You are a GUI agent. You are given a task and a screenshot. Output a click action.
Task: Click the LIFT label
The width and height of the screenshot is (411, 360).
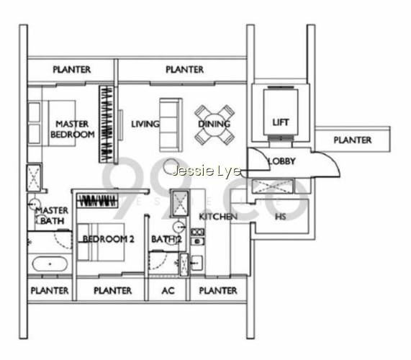pyautogui.click(x=281, y=122)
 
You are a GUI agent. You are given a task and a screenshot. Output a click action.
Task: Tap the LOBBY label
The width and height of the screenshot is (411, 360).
pyautogui.click(x=281, y=161)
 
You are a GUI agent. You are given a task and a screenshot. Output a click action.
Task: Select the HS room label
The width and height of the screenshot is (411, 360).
pyautogui.click(x=280, y=217)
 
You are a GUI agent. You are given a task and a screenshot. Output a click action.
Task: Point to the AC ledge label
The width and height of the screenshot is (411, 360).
pyautogui.click(x=168, y=290)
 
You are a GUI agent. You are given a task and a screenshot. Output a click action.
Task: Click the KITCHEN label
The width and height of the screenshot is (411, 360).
pyautogui.click(x=218, y=217)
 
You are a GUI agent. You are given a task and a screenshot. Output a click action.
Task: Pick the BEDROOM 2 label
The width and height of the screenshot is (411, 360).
pyautogui.click(x=108, y=239)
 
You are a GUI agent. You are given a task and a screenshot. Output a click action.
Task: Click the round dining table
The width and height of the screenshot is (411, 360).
pyautogui.click(x=214, y=125)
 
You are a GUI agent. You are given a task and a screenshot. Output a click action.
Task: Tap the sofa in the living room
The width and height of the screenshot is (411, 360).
pyautogui.click(x=171, y=125)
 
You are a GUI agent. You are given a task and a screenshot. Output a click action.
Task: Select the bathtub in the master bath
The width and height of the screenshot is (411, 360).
pyautogui.click(x=50, y=264)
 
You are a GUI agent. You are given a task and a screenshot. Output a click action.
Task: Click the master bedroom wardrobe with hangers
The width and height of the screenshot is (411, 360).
pyautogui.click(x=107, y=124)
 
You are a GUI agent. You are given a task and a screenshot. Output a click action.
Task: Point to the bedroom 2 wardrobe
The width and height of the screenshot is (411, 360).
pyautogui.click(x=97, y=201)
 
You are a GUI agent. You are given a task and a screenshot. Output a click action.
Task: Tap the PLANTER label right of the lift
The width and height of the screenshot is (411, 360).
pyautogui.click(x=353, y=140)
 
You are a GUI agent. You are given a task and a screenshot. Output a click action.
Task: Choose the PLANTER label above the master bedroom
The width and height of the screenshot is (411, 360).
pyautogui.click(x=72, y=70)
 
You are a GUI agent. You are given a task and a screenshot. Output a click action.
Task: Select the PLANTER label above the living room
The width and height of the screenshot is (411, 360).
pyautogui.click(x=185, y=70)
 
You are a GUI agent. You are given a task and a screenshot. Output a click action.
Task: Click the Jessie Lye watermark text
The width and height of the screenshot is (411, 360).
pyautogui.click(x=207, y=171)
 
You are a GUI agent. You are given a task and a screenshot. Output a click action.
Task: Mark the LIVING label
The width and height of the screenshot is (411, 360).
pyautogui.click(x=145, y=124)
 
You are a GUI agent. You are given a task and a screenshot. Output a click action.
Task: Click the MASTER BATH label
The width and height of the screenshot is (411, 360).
pyautogui.click(x=52, y=215)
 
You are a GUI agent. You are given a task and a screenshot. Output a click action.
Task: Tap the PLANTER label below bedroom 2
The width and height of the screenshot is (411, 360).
pyautogui.click(x=113, y=290)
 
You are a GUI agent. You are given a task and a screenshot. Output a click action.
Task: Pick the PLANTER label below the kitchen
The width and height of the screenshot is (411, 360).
pyautogui.click(x=218, y=290)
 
